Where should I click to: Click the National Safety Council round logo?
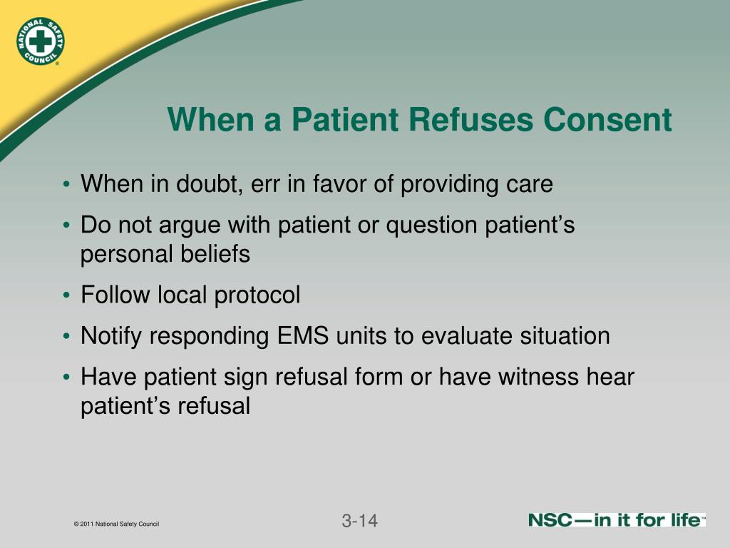point(40,41)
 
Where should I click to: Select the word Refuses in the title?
point(471,119)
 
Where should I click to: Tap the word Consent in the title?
point(607,119)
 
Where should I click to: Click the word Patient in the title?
point(346,119)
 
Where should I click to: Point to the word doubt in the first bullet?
point(210,183)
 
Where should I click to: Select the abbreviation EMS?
point(302,335)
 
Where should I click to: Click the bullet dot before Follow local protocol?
point(66,295)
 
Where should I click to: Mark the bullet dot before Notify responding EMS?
point(66,337)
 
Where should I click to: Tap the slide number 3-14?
point(359,521)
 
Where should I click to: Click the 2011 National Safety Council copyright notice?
point(116,524)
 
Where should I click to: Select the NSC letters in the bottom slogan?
point(550,520)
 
